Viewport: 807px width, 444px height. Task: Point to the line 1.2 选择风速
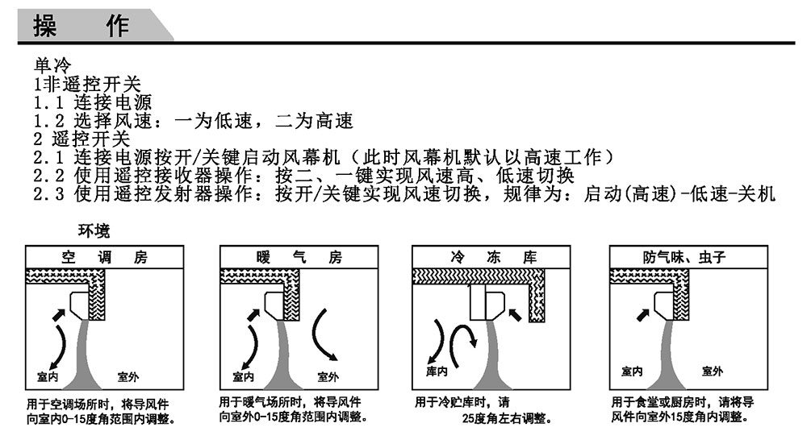coord(193,122)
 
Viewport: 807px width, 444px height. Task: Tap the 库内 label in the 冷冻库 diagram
coord(437,371)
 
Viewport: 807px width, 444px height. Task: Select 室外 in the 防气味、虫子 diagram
coord(713,371)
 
